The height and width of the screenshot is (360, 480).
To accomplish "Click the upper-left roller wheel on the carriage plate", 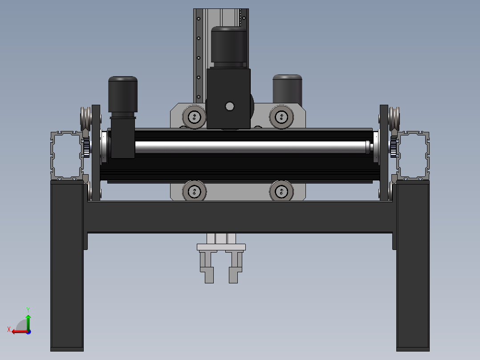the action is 194,117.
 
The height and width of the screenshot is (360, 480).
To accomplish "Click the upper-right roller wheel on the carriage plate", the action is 281,117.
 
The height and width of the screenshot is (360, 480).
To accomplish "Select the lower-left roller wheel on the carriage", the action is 194,192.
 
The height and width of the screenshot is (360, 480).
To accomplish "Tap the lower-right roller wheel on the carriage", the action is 281,192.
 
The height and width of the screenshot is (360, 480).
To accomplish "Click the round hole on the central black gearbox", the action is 230,106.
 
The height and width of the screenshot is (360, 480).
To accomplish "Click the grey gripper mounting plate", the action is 221,247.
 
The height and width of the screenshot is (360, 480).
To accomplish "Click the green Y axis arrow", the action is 28,322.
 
